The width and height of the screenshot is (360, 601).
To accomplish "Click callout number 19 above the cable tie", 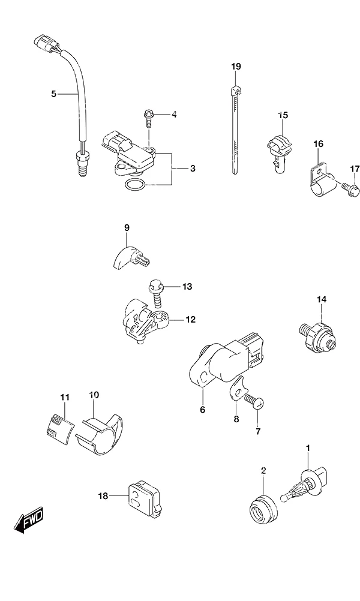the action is click(x=236, y=67).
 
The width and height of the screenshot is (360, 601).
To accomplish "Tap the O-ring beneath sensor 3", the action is click(x=135, y=185).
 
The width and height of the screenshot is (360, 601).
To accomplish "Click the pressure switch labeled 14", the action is click(x=317, y=333).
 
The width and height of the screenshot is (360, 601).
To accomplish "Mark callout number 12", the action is click(x=191, y=319).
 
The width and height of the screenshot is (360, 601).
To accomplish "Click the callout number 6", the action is click(x=202, y=410).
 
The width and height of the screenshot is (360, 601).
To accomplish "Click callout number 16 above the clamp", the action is click(x=318, y=144).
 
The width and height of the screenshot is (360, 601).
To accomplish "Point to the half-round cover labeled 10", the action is click(x=101, y=435).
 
